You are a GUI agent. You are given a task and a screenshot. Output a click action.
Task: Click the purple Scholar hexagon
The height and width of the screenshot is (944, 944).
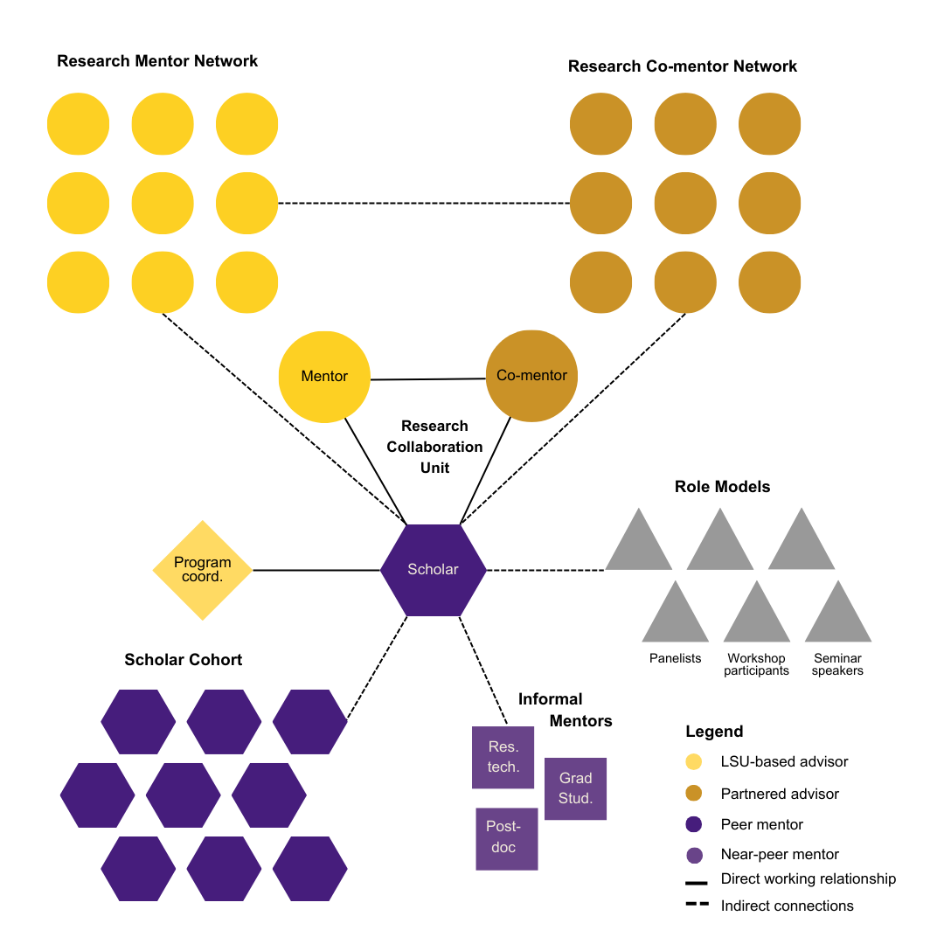[433, 570]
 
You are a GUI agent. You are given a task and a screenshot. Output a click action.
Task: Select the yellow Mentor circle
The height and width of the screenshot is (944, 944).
[324, 377]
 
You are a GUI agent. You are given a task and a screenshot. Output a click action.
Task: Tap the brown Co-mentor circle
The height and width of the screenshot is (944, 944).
[531, 376]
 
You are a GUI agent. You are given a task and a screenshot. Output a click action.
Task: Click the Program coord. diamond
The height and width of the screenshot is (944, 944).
[203, 570]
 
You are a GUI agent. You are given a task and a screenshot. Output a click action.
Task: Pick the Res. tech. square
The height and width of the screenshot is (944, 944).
[503, 758]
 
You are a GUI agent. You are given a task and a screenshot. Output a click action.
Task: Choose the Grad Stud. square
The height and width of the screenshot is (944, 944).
[575, 788]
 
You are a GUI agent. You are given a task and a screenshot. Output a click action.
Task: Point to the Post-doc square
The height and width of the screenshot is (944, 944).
[506, 838]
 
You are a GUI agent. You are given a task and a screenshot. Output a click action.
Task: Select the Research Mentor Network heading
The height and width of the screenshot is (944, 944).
[157, 61]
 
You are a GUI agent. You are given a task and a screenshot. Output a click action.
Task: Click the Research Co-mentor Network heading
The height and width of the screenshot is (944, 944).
[683, 66]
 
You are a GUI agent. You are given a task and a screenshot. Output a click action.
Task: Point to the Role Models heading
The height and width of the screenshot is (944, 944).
[722, 487]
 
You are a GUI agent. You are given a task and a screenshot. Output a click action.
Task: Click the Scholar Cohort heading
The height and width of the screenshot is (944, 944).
[184, 660]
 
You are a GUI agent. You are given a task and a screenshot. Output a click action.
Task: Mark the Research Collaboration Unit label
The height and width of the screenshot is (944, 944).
[434, 447]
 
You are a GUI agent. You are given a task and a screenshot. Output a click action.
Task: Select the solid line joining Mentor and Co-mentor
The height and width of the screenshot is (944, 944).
[427, 379]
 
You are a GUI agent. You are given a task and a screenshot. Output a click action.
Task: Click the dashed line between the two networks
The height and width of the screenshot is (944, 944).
[424, 204]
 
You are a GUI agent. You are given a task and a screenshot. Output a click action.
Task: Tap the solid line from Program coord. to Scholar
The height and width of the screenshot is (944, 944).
[316, 570]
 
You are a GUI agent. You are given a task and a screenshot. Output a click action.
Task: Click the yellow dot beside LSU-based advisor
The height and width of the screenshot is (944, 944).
[694, 761]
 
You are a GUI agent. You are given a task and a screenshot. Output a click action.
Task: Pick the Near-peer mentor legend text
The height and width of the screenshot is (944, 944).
[780, 855]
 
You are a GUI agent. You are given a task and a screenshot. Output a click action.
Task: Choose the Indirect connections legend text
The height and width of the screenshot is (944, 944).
[787, 906]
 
